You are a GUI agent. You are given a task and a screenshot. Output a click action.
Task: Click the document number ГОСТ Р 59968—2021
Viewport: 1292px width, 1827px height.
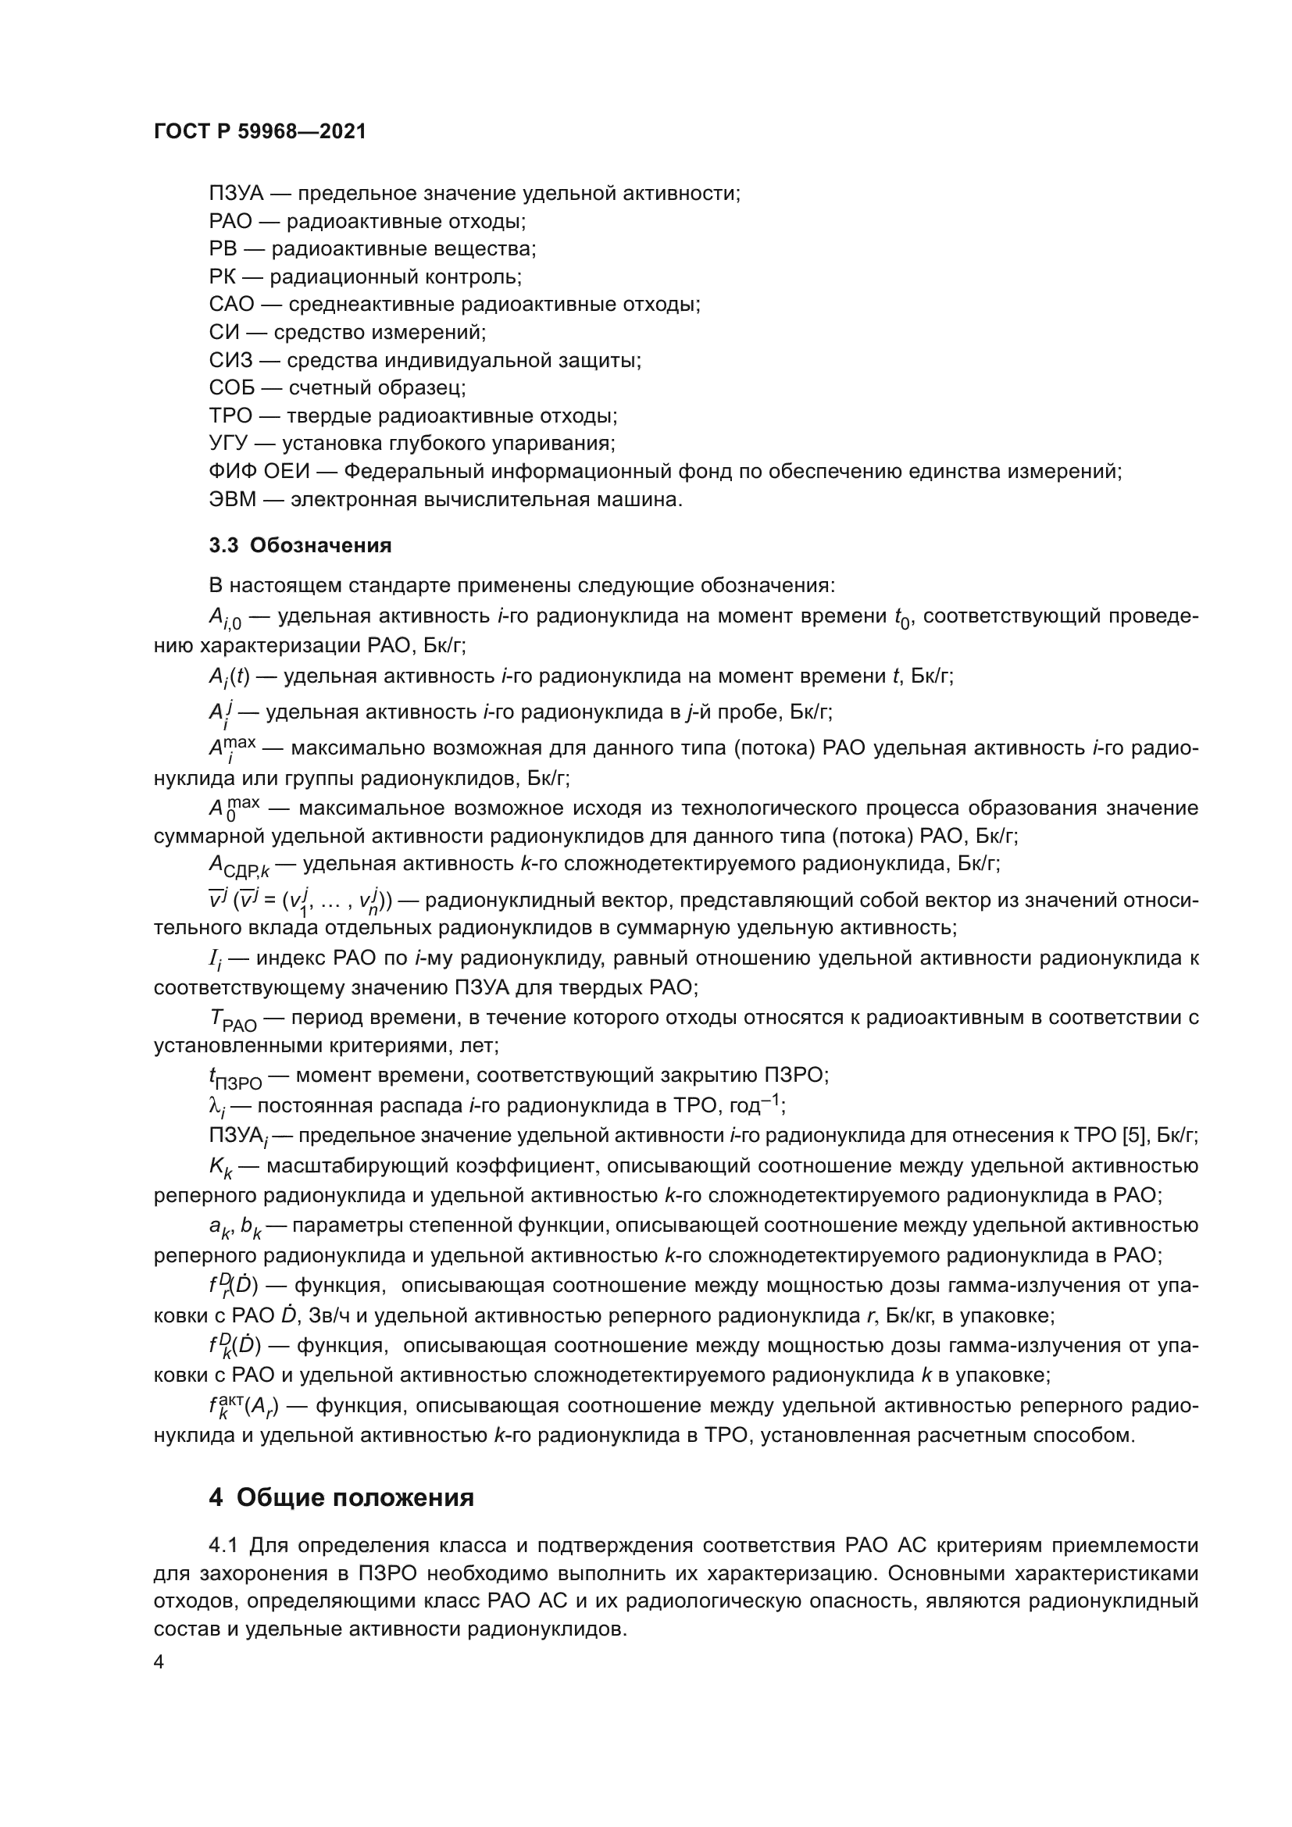pyautogui.click(x=260, y=132)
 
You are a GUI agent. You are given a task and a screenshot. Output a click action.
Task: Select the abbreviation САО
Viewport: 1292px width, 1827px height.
pyautogui.click(x=231, y=305)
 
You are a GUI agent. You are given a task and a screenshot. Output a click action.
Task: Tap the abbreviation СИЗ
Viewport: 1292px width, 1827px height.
pyautogui.click(x=230, y=360)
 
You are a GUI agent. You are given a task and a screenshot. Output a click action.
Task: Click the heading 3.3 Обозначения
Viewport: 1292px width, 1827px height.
pyautogui.click(x=300, y=546)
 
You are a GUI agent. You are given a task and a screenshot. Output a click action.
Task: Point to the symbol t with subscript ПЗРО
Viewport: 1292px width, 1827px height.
pyautogui.click(x=234, y=1078)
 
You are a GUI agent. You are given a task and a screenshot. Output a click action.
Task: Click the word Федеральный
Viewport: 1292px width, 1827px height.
pyautogui.click(x=414, y=472)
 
